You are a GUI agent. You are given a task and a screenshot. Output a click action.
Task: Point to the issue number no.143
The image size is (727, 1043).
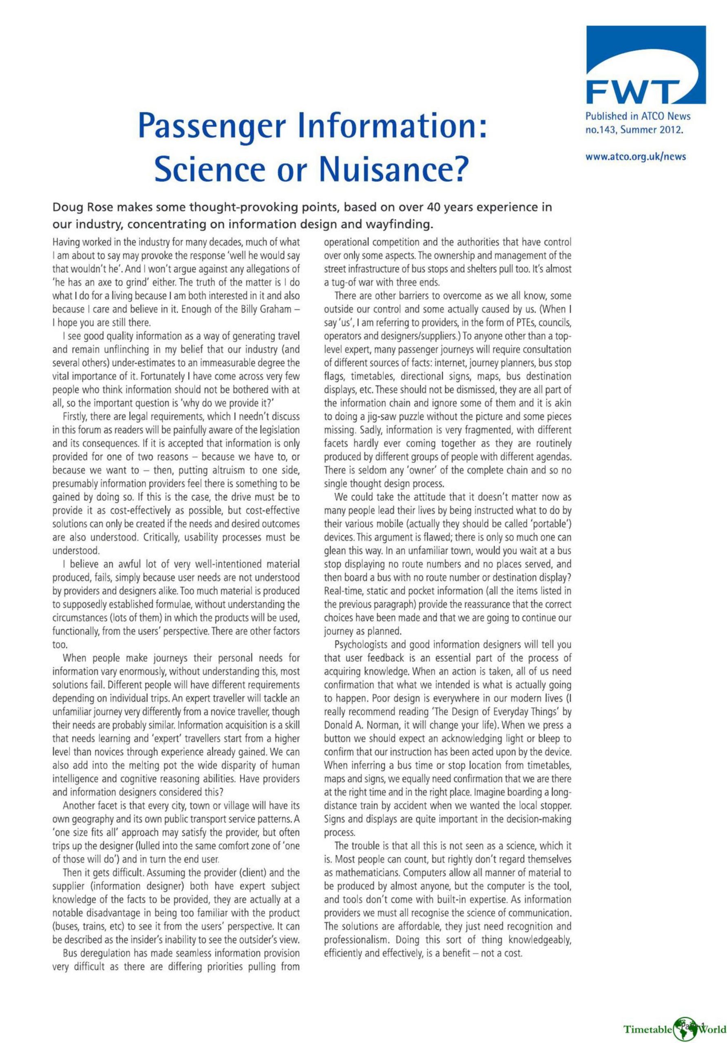(602, 130)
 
